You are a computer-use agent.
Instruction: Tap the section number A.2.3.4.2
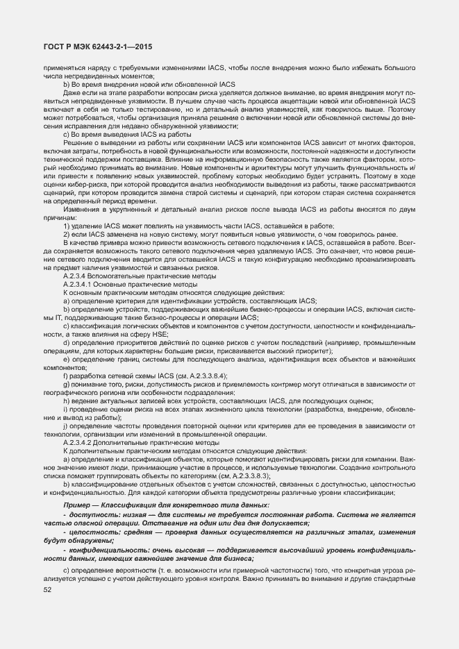coord(83,442)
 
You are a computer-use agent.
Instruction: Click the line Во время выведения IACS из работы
coord(131,133)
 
